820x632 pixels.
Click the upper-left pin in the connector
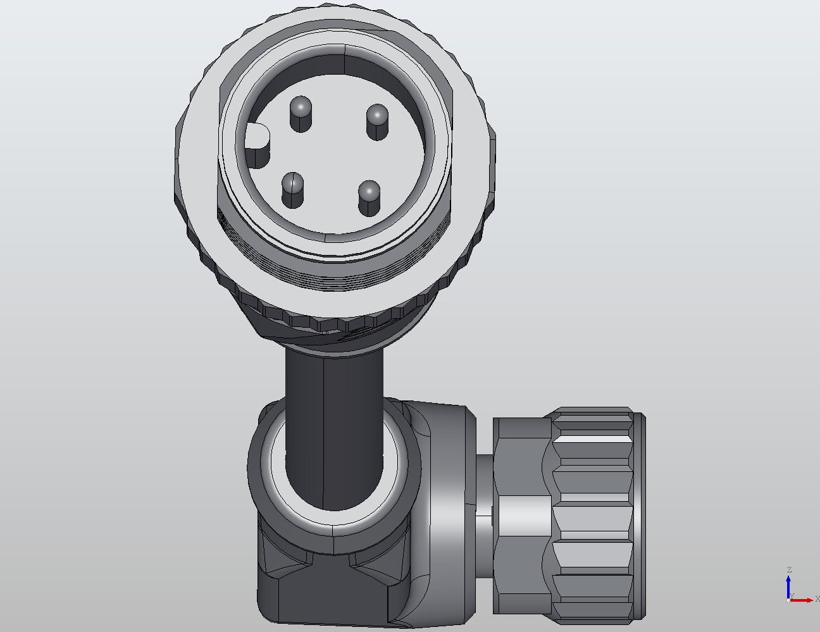(x=301, y=114)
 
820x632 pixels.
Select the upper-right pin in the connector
(x=377, y=121)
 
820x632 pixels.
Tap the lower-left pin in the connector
(x=292, y=190)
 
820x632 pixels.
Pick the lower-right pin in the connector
(x=369, y=198)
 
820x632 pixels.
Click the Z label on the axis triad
(x=789, y=570)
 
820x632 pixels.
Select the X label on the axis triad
(x=817, y=598)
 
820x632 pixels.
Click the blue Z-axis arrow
(x=788, y=585)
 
